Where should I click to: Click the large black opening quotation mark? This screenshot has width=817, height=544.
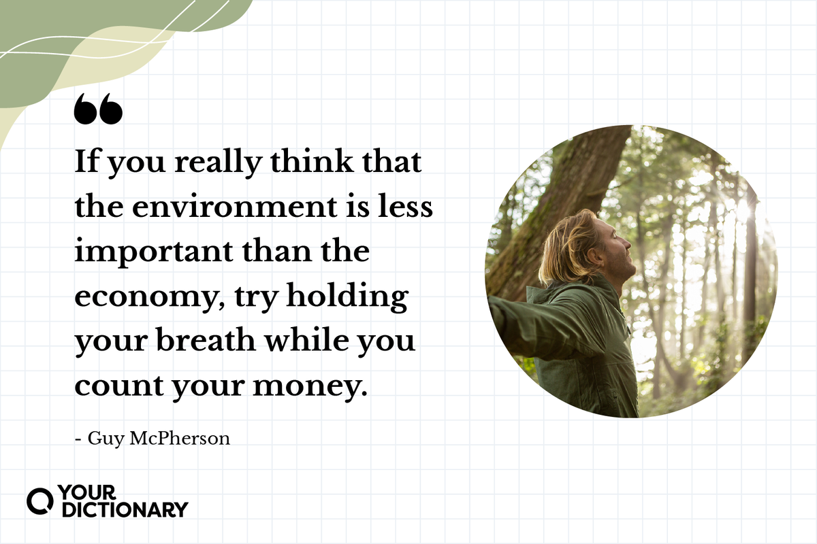pos(98,109)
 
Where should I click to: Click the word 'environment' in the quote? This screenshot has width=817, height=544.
pos(234,207)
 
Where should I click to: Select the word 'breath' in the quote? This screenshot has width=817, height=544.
pos(206,340)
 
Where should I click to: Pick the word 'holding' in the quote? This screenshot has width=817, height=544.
pos(347,296)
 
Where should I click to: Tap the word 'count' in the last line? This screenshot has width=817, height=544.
pos(119,386)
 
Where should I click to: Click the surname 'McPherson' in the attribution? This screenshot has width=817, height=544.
pos(180,439)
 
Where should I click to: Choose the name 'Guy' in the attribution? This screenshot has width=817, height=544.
pos(106,439)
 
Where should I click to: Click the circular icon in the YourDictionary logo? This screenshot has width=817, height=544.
pos(39,501)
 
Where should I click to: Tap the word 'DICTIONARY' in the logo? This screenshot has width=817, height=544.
pos(125,509)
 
